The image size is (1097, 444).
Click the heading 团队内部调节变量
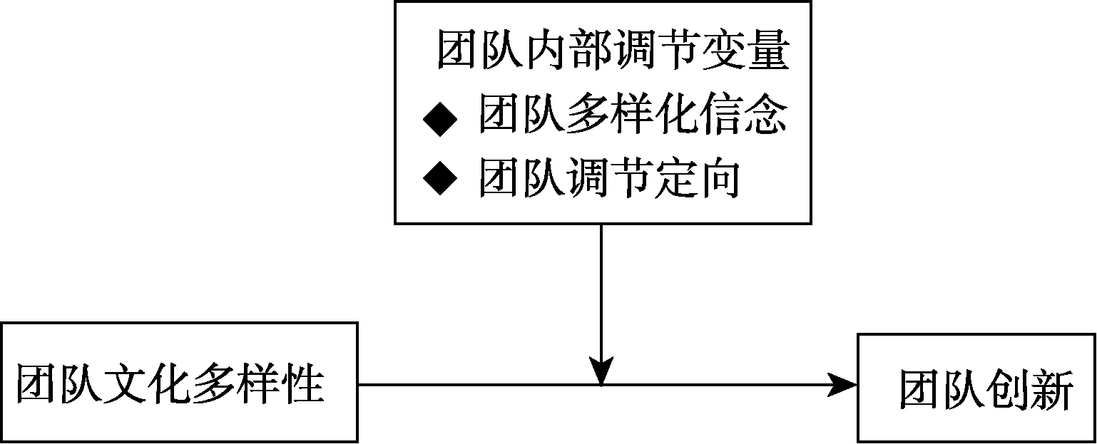tap(613, 50)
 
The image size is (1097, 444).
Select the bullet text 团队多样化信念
tap(633, 114)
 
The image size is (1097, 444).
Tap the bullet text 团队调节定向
tap(608, 177)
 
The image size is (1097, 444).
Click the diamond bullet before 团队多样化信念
tap(439, 119)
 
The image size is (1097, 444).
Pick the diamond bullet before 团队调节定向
tap(439, 178)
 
